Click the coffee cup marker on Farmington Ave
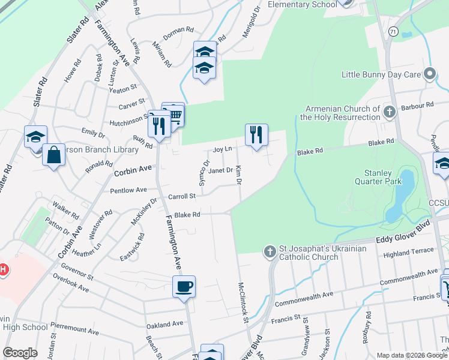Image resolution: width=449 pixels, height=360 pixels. [184, 286]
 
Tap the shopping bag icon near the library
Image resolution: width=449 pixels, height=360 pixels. [54, 155]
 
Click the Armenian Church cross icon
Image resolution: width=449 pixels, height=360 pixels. [389, 111]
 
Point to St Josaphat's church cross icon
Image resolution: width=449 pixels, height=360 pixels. [270, 251]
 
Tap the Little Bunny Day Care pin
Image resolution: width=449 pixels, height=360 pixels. [429, 74]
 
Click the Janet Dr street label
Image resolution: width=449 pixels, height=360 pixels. [220, 170]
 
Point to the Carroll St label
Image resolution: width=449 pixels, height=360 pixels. [182, 196]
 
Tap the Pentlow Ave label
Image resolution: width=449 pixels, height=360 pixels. [128, 190]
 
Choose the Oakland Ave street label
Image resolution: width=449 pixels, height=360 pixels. [164, 324]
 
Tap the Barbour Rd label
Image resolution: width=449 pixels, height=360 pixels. [418, 106]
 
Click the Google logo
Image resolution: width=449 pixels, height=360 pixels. [20, 353]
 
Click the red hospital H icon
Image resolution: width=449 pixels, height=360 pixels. [3, 269]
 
